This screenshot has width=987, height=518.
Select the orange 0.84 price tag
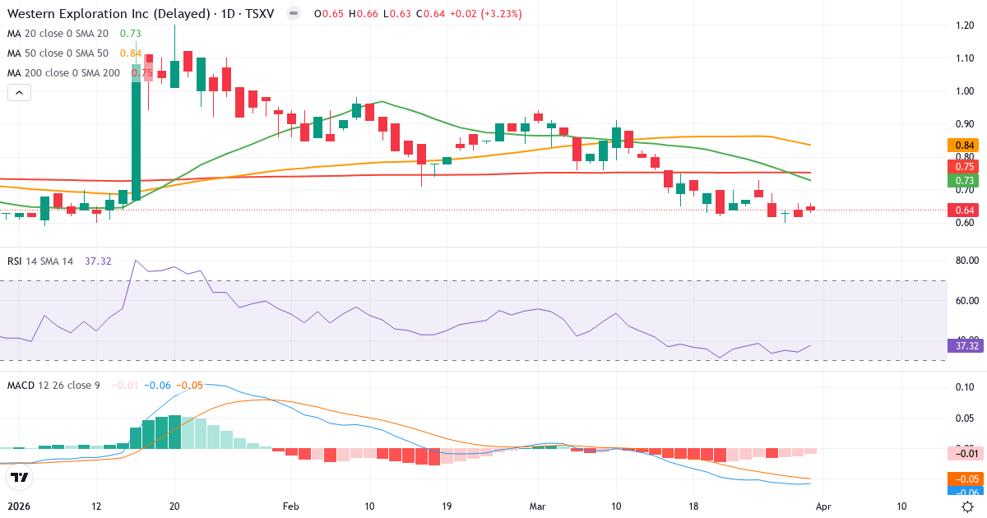964,146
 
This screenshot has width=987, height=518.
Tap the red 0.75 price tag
964,166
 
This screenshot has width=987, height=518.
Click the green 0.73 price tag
964,181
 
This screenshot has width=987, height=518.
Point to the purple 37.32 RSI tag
964,345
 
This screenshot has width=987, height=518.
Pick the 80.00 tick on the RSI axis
964,261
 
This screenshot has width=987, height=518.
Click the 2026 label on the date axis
20,506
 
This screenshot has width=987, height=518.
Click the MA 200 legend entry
64,72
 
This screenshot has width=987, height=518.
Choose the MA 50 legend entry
58,53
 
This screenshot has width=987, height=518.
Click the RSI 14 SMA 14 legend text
40,261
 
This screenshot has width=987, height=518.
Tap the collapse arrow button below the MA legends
19,93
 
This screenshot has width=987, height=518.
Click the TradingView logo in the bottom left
20,477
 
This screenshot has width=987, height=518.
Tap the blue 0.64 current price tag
964,210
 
